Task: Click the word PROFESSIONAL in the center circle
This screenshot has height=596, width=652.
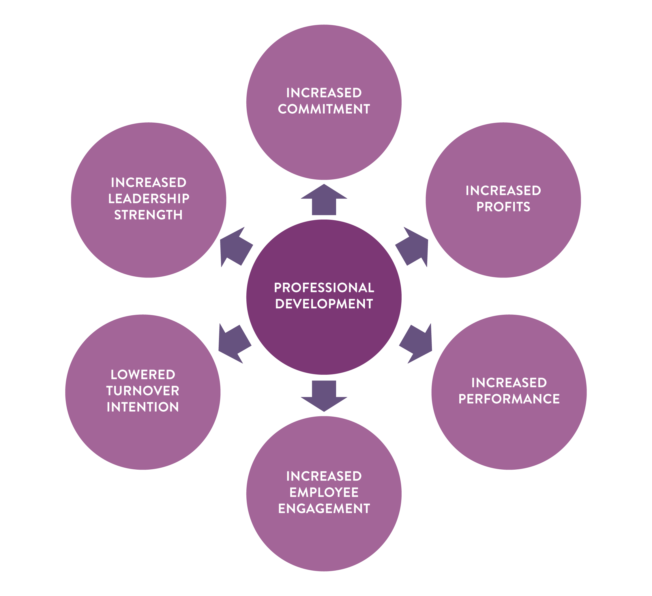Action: [324, 288]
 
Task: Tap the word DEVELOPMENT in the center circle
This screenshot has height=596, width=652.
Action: [324, 304]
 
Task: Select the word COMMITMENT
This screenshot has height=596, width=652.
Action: [324, 109]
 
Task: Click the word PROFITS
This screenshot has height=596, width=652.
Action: [503, 207]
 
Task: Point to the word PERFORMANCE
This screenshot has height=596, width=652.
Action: [509, 399]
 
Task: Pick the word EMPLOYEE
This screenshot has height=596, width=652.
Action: [324, 492]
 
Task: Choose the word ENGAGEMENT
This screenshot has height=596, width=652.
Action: [324, 509]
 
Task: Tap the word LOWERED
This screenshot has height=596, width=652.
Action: [143, 374]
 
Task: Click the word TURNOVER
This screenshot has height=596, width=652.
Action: [143, 391]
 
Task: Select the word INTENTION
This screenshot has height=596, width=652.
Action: [143, 407]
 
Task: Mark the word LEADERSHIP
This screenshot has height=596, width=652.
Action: [149, 198]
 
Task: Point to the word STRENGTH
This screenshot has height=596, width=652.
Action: [149, 215]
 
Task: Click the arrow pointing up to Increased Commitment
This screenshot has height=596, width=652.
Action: [324, 200]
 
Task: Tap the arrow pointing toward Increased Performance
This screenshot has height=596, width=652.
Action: [417, 344]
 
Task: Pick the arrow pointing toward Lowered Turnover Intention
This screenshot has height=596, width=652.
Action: [233, 344]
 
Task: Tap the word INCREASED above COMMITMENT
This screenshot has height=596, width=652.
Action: [324, 93]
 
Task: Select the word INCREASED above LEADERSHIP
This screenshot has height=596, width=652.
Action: [149, 182]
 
